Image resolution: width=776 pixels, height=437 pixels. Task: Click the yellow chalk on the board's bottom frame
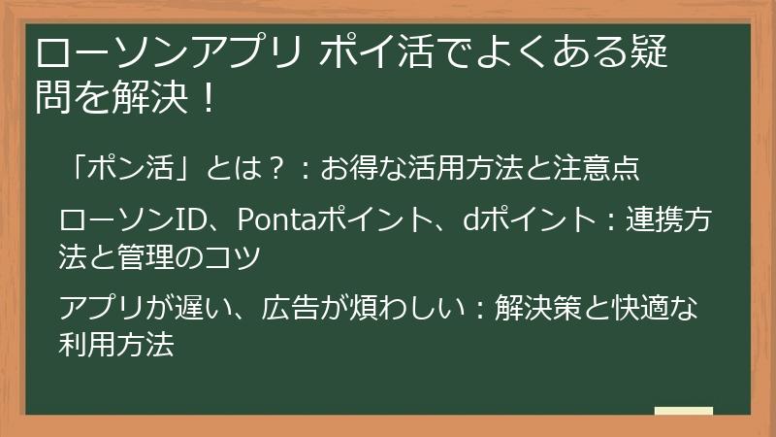683,412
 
